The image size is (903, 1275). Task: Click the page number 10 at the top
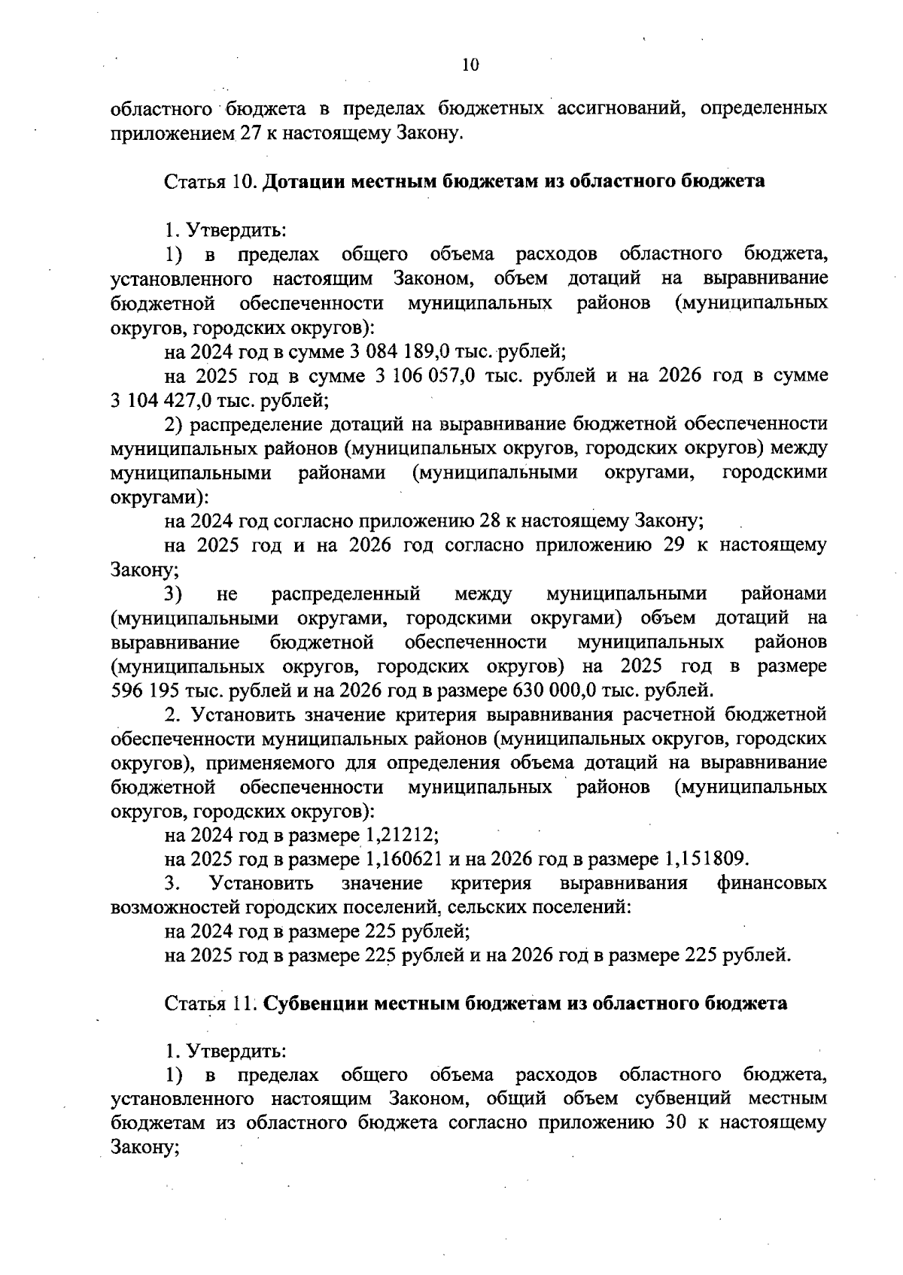(x=470, y=65)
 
